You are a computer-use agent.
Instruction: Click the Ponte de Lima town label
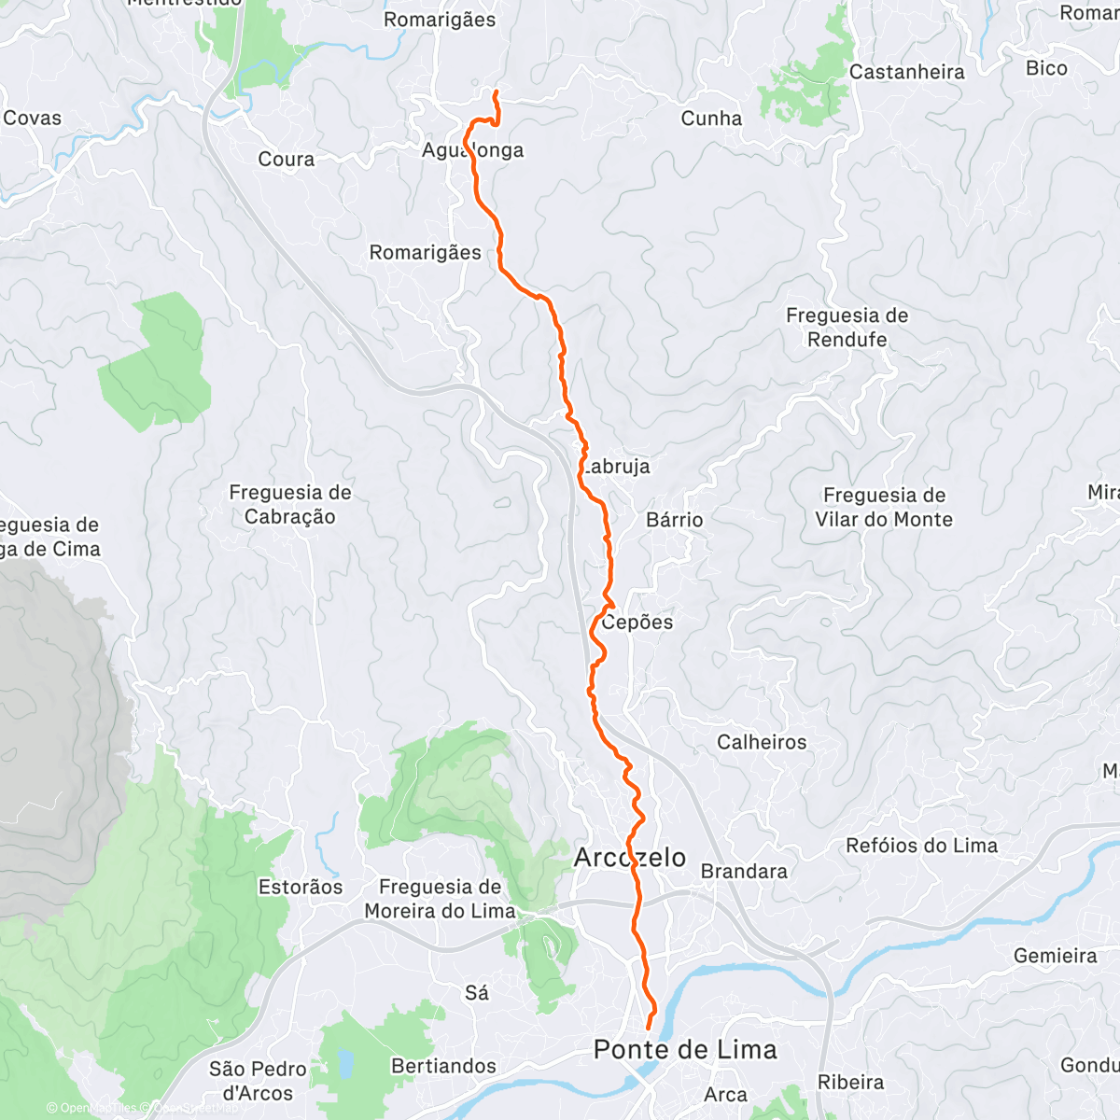(x=685, y=1050)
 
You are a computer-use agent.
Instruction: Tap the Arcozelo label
(x=630, y=858)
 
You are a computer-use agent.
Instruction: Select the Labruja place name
(x=615, y=466)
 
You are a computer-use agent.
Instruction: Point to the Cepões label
(x=637, y=622)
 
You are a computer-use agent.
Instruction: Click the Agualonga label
(x=472, y=150)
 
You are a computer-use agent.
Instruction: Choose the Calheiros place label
(x=762, y=742)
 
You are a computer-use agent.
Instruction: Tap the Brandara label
(x=744, y=871)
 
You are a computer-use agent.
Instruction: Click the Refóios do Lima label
(x=921, y=846)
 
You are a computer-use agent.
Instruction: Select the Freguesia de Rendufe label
(x=847, y=328)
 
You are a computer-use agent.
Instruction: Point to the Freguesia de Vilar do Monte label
(x=884, y=508)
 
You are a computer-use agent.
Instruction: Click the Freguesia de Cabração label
(x=290, y=504)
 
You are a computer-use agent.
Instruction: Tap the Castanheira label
(x=906, y=72)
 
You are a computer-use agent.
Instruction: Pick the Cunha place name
(x=711, y=119)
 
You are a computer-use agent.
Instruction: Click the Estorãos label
(x=301, y=887)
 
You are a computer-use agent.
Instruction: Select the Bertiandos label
(x=443, y=1066)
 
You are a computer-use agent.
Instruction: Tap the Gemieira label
(x=1055, y=956)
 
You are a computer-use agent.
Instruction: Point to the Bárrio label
(x=675, y=520)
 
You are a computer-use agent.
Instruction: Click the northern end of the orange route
(x=495, y=91)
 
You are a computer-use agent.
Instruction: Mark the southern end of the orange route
(x=648, y=1029)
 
